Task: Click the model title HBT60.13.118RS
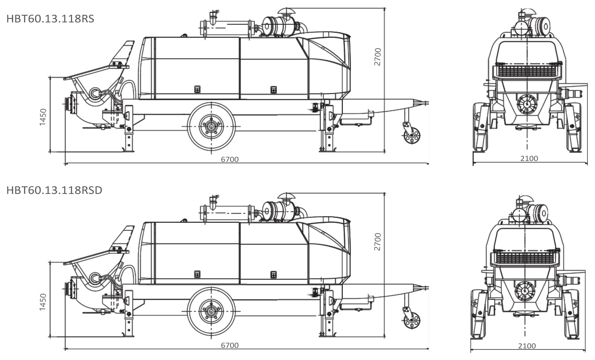click(x=50, y=19)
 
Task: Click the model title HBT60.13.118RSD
click(x=54, y=190)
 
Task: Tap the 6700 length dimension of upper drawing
click(x=229, y=159)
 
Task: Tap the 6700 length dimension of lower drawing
click(x=229, y=345)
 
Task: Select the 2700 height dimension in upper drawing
click(x=378, y=57)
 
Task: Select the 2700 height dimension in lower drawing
click(x=378, y=242)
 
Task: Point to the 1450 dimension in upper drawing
click(x=43, y=117)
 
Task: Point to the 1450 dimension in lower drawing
click(x=43, y=302)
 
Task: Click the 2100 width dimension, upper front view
click(x=529, y=158)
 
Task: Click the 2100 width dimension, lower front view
click(x=527, y=346)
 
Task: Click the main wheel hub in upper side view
click(x=211, y=126)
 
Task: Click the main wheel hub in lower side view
click(x=211, y=311)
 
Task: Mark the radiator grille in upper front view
click(x=527, y=71)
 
